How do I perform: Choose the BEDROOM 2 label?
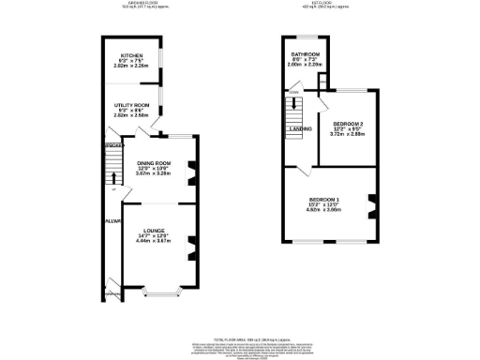[x=347, y=125]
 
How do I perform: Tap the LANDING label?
[x=300, y=129]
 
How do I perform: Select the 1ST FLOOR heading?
[x=325, y=4]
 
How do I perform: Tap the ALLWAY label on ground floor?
[x=109, y=221]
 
